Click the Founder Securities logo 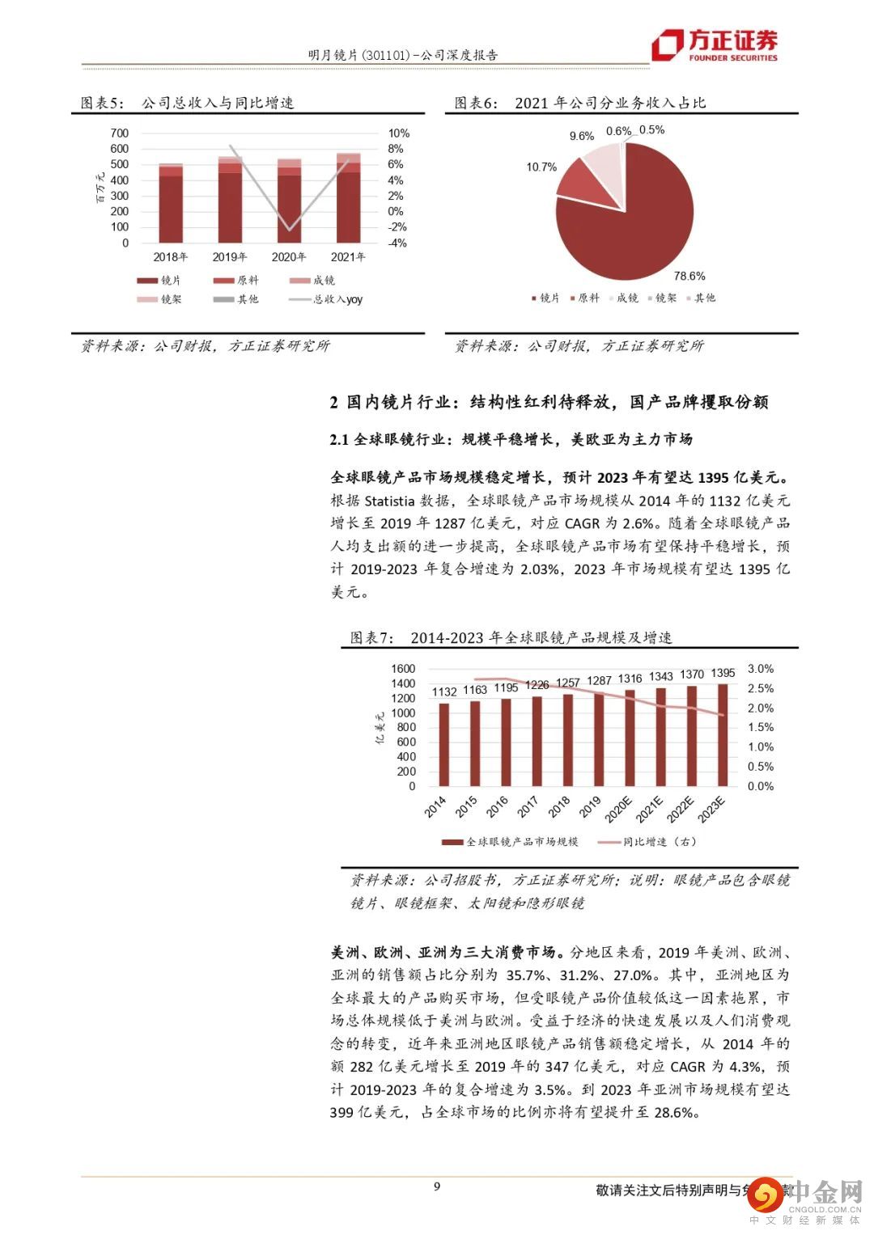tap(715, 45)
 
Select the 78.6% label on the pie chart tap(689, 276)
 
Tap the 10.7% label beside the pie tap(541, 167)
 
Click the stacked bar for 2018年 tap(170, 205)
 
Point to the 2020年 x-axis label tap(289, 257)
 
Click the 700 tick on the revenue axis tap(120, 133)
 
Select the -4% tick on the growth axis tap(397, 243)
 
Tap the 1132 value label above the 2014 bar tap(443, 692)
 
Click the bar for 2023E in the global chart tap(723, 734)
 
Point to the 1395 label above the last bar tap(723, 673)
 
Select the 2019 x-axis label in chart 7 tap(590, 806)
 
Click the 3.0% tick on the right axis tap(760, 669)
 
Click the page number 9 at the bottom tap(437, 1186)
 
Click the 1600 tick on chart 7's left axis tap(403, 669)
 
